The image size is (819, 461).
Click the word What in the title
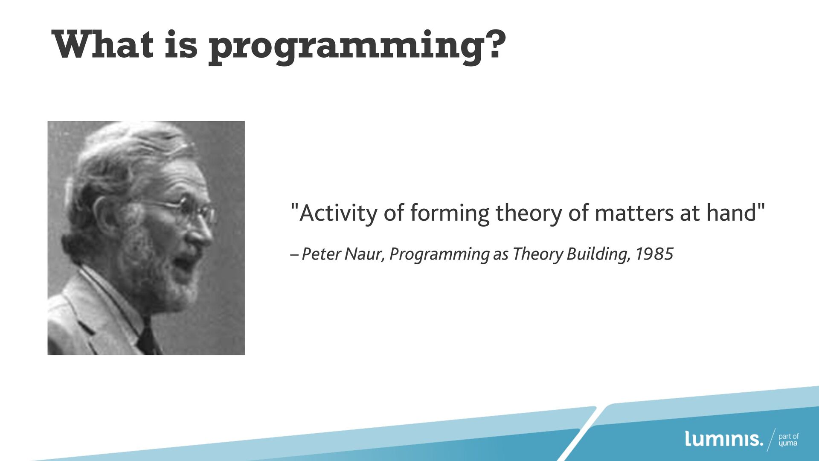click(x=102, y=44)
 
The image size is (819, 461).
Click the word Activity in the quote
click(x=338, y=213)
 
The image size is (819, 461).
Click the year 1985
click(x=654, y=254)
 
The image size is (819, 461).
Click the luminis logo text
click(x=724, y=439)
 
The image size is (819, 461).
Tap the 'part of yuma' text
click(x=788, y=440)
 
